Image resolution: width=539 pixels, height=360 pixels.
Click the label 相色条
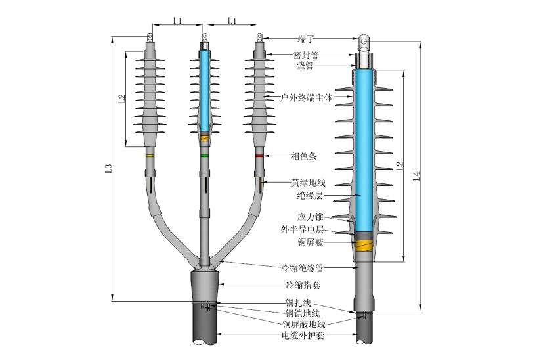click(x=301, y=156)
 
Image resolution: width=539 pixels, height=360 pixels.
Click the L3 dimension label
click(x=108, y=169)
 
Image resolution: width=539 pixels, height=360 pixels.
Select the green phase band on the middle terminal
click(x=205, y=156)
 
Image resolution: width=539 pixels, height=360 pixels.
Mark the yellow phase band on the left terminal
click(x=150, y=156)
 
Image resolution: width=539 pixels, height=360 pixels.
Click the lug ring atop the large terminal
click(x=365, y=44)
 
